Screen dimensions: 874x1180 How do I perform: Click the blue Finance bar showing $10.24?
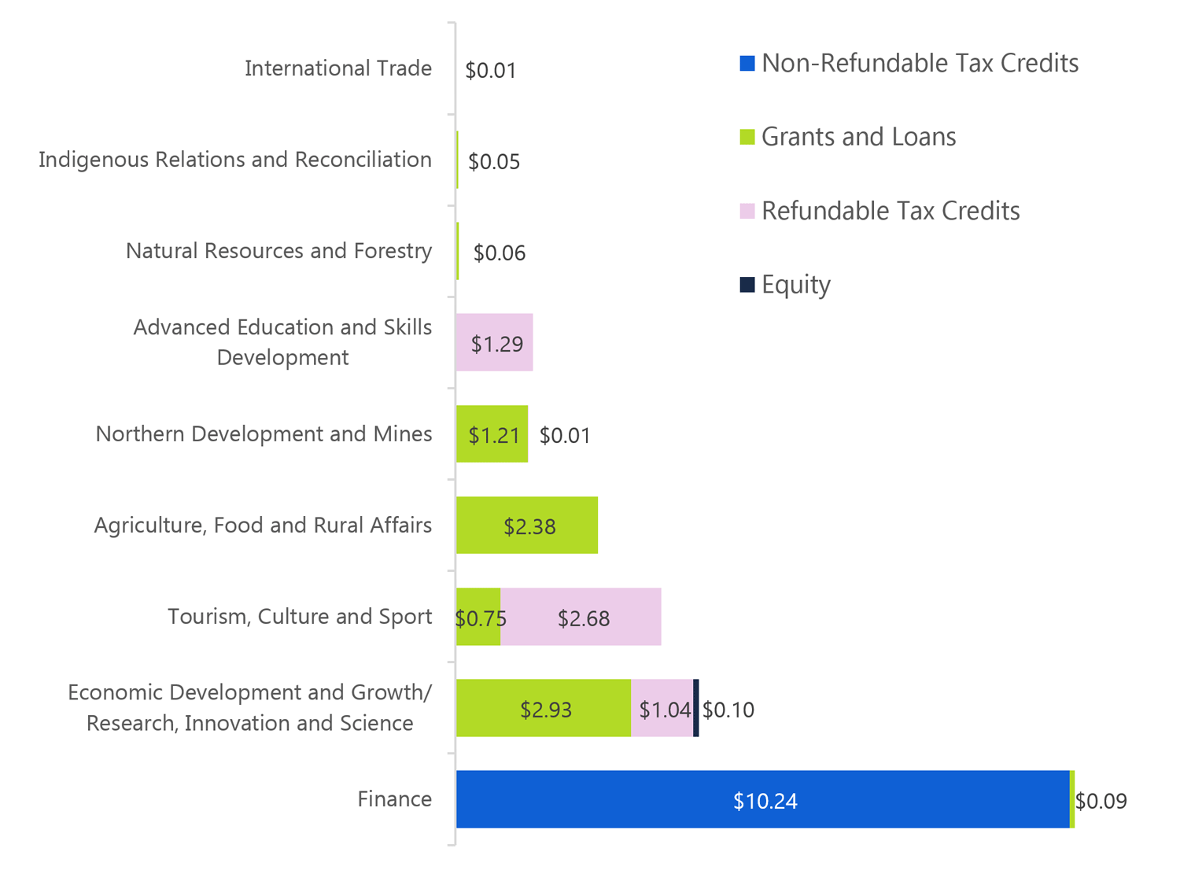coord(762,799)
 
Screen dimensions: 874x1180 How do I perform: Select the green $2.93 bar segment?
coord(544,708)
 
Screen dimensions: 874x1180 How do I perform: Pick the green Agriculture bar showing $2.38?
coord(527,526)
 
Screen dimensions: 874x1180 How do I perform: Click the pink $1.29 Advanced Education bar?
coord(495,343)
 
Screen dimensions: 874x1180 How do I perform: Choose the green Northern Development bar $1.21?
coord(492,434)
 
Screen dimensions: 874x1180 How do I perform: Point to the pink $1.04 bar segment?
coord(662,709)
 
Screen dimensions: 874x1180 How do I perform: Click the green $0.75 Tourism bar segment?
coord(478,618)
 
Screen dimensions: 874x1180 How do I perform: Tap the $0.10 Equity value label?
coord(728,710)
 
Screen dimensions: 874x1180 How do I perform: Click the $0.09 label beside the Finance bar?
coord(1101,801)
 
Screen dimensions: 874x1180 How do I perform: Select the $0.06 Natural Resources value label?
coord(500,253)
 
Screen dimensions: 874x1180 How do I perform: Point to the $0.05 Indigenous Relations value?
coord(494,161)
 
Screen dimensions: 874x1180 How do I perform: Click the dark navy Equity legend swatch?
coord(747,284)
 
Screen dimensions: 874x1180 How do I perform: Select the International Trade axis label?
coord(338,68)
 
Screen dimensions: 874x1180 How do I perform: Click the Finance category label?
coord(395,799)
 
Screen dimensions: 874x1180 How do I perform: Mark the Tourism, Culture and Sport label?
coord(300,616)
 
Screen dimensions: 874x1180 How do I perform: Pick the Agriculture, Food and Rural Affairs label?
coord(263,525)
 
